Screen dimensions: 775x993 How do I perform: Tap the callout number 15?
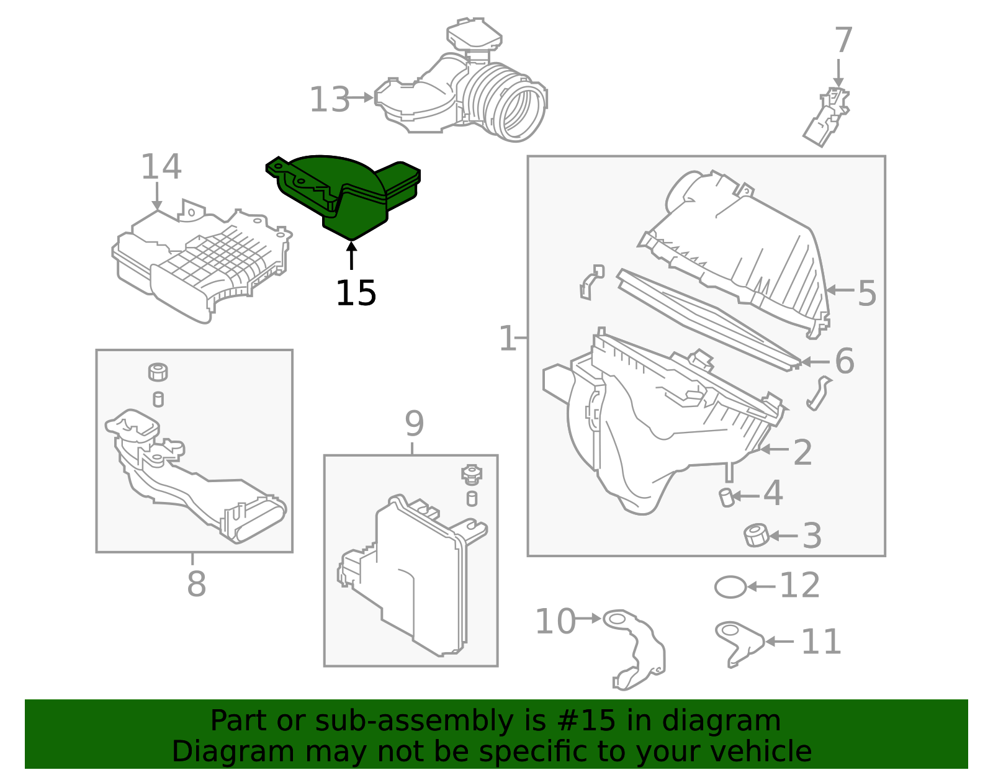(356, 293)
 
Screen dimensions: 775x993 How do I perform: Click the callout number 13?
(330, 99)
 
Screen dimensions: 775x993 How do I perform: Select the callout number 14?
(161, 167)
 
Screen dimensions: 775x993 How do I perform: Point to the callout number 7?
(843, 40)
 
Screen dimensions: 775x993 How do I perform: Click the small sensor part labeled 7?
(827, 117)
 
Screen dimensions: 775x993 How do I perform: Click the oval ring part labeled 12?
(730, 586)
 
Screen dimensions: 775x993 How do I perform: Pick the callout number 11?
(820, 642)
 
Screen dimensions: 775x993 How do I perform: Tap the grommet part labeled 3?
(756, 535)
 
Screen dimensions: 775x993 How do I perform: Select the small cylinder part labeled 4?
(726, 497)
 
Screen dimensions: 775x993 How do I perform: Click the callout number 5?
(866, 293)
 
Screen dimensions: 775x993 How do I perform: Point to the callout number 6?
(844, 361)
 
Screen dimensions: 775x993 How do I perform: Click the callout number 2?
(802, 452)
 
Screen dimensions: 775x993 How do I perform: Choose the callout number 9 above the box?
(414, 424)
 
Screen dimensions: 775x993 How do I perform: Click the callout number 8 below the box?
(196, 584)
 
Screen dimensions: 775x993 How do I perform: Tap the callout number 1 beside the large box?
(507, 339)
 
